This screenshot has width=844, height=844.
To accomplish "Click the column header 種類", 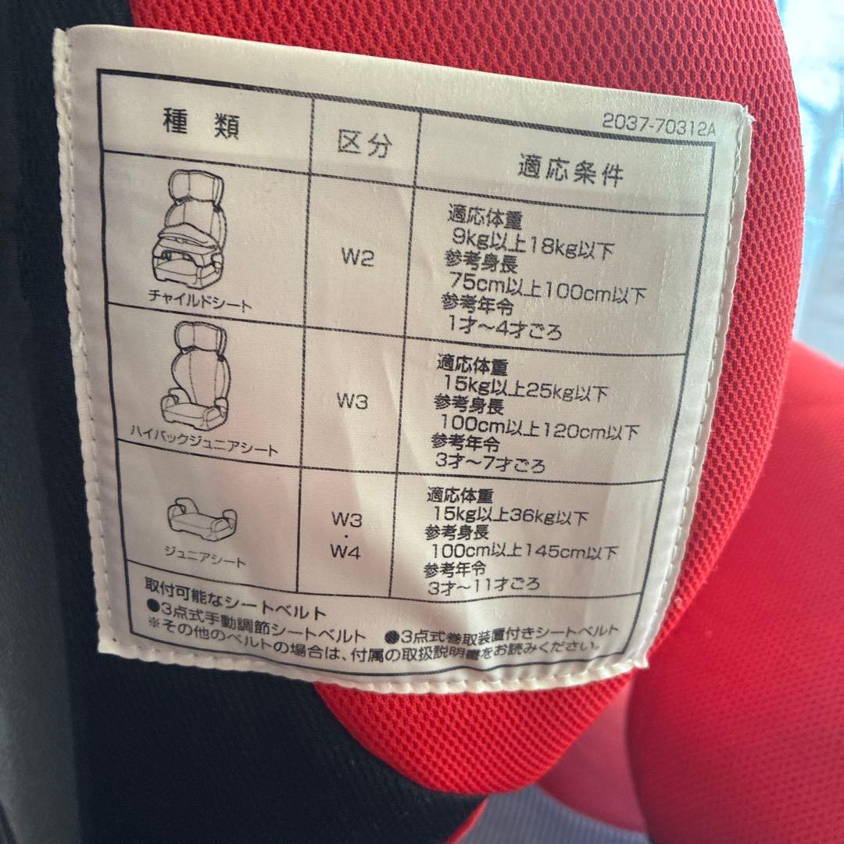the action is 201,123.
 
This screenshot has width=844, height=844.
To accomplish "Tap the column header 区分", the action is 364,144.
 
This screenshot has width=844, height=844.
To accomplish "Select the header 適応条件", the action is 570,170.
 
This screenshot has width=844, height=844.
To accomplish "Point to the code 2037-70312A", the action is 659,125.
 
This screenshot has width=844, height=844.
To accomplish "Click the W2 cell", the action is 357,257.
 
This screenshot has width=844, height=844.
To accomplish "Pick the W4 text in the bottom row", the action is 345,551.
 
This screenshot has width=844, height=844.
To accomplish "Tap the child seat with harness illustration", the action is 189,229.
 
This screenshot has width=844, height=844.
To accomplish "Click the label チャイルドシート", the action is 200,301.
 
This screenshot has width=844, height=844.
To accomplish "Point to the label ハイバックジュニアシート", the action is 203,441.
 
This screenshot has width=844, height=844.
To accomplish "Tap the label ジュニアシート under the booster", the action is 205,556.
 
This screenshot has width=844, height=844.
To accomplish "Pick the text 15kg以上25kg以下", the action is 525,388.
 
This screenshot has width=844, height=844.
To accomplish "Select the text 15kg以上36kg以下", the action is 510,515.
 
